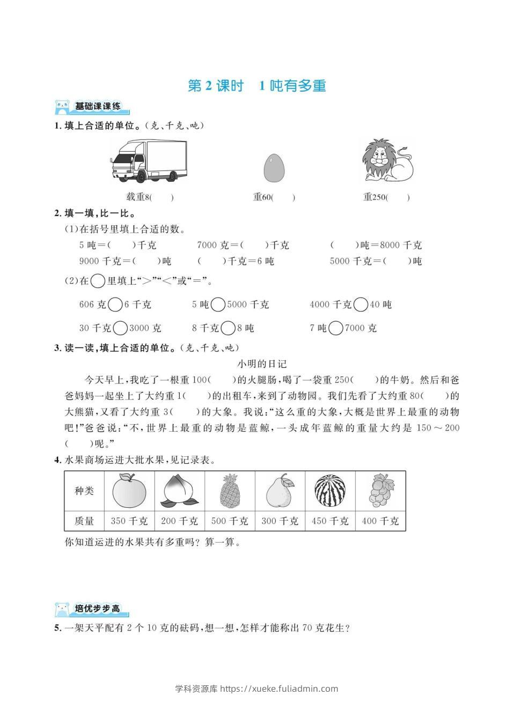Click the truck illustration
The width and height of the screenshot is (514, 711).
tap(149, 160)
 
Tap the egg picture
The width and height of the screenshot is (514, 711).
tap(274, 167)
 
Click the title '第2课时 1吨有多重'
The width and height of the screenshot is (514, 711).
tap(257, 86)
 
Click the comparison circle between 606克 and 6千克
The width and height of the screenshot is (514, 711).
tap(115, 305)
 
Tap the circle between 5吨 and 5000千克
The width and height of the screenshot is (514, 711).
tap(218, 305)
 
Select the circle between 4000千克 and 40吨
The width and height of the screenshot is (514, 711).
tap(361, 305)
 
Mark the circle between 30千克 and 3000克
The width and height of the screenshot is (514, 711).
tap(121, 328)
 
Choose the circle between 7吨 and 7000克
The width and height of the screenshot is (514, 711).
tap(335, 328)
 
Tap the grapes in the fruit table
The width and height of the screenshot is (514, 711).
tap(380, 490)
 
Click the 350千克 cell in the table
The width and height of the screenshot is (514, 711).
tap(129, 521)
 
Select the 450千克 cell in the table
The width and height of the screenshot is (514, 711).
tap(330, 521)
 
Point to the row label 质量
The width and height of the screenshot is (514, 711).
tap(84, 521)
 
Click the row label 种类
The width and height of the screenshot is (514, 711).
tap(84, 491)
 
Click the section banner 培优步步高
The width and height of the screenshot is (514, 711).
tap(92, 609)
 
